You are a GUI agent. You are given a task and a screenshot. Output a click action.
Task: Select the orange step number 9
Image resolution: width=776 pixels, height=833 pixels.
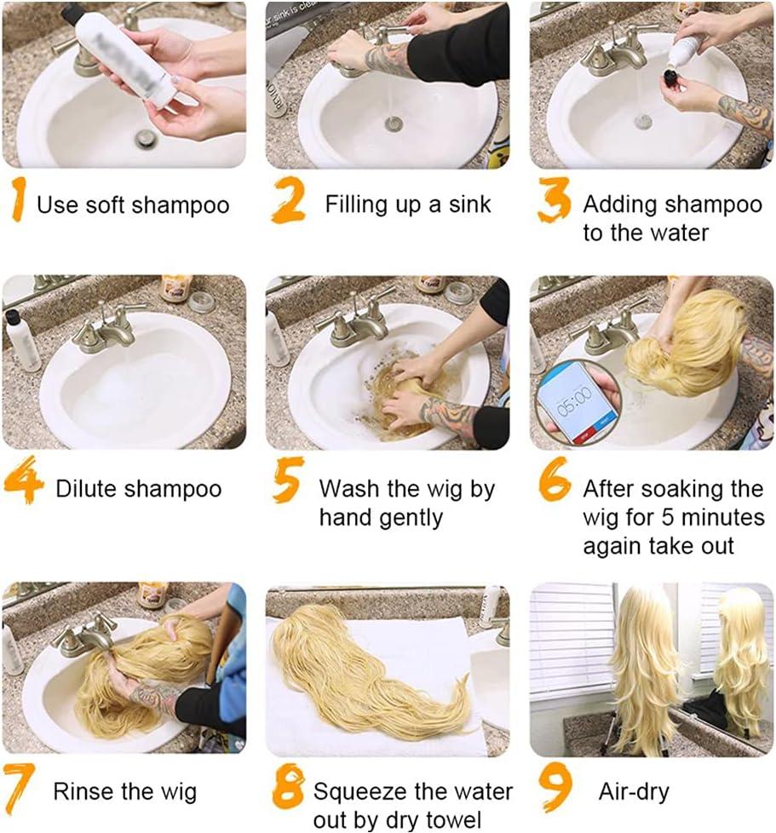tap(555, 784)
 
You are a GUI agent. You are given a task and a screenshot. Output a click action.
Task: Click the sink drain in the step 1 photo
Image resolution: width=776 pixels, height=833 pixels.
tap(146, 138)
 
